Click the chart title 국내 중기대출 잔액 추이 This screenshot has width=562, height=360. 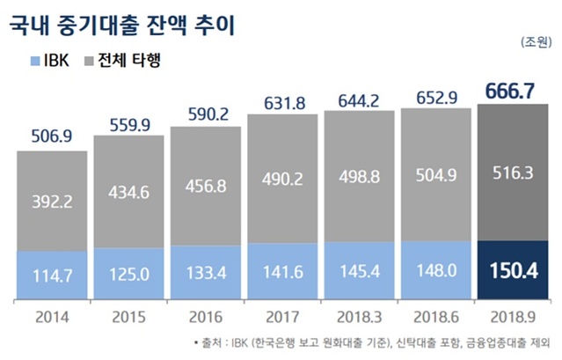pos(122,22)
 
